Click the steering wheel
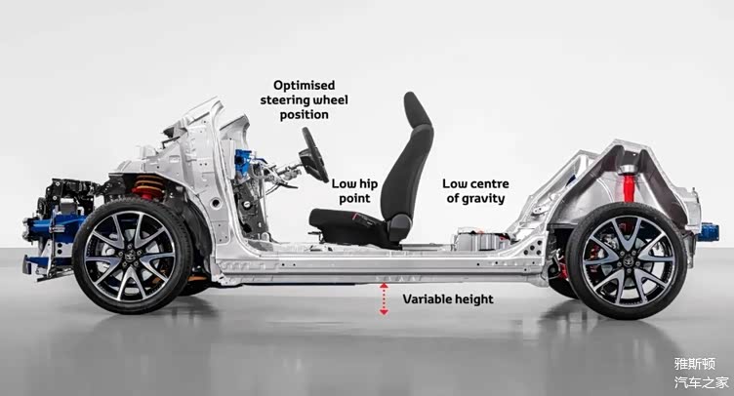click(x=313, y=155)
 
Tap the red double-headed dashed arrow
click(x=384, y=298)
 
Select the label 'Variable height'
click(x=448, y=299)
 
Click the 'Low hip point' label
click(x=354, y=191)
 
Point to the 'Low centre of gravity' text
click(x=475, y=191)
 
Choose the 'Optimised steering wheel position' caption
click(x=305, y=100)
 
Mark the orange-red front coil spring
click(x=148, y=187)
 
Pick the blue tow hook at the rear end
click(x=708, y=232)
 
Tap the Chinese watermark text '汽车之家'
click(x=702, y=382)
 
